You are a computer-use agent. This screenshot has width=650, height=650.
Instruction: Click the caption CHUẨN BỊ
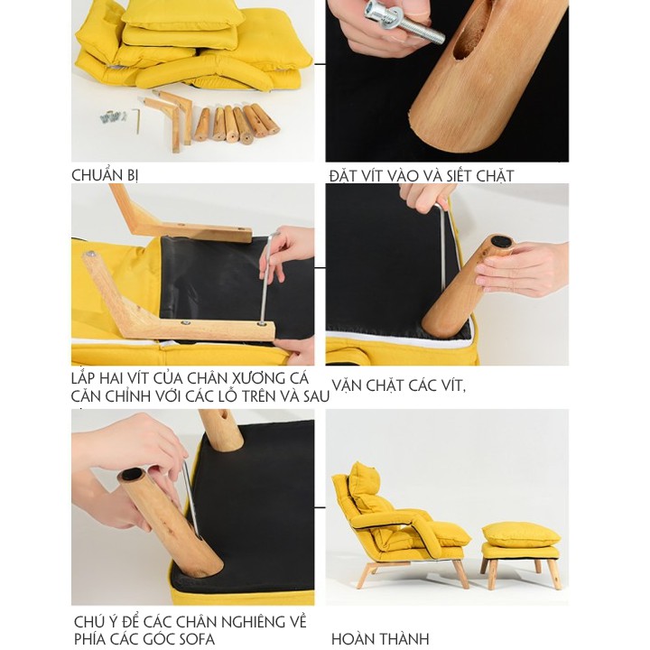[105, 175]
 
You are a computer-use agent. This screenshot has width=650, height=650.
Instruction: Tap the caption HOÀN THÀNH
[380, 640]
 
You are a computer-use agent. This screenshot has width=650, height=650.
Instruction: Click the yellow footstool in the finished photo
[521, 546]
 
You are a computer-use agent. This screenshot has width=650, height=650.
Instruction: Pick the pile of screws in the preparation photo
[113, 116]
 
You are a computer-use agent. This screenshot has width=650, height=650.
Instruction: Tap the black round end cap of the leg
[499, 243]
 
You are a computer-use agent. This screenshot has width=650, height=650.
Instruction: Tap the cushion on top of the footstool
[521, 533]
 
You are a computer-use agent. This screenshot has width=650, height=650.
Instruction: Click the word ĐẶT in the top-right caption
[344, 175]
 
